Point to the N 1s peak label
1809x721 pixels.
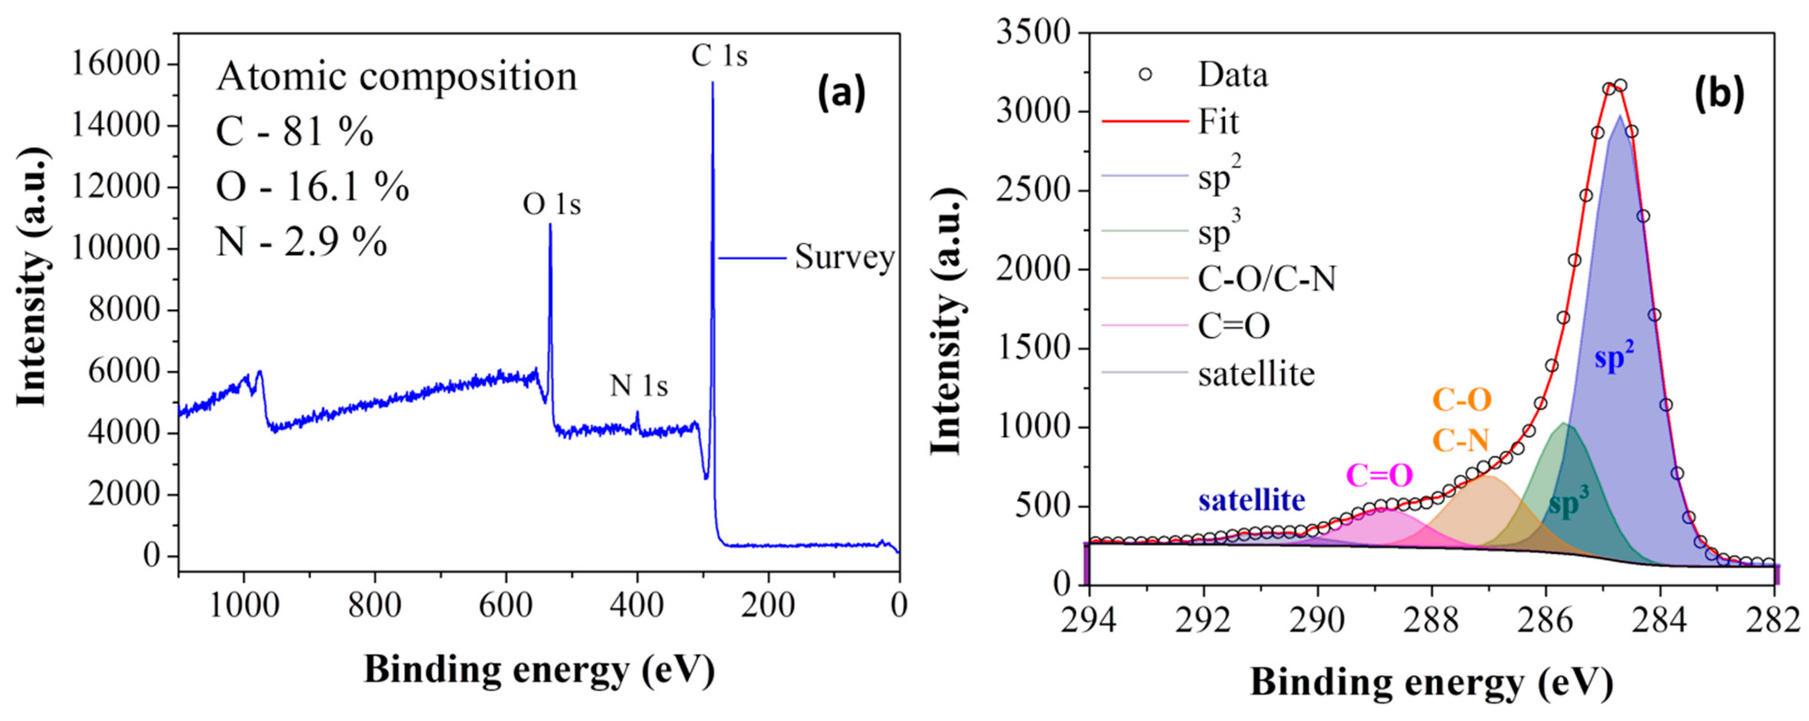pos(638,385)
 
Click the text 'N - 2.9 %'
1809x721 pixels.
pos(302,242)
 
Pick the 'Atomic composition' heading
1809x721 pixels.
pos(397,76)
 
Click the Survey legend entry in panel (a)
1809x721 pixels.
pos(843,258)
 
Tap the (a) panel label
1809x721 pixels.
pos(841,93)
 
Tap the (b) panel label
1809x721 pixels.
pos(1718,93)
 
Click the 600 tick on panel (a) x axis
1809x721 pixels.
pos(506,605)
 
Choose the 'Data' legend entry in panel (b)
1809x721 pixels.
pos(1233,75)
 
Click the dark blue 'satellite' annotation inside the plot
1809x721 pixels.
pos(1252,500)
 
